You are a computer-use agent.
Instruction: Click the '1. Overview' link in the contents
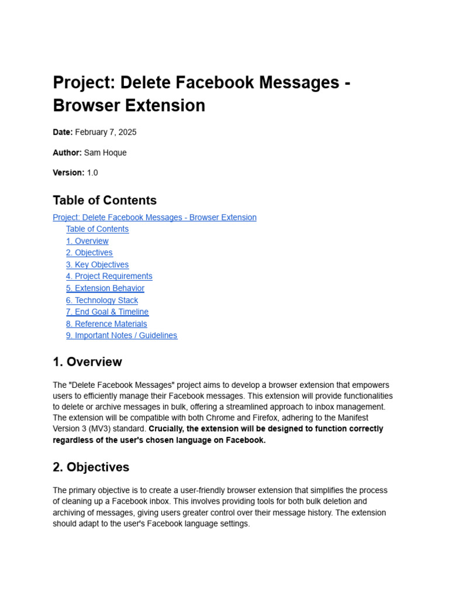tap(87, 241)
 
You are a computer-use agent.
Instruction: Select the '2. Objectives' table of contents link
tap(89, 253)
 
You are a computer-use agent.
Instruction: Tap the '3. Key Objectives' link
tap(97, 264)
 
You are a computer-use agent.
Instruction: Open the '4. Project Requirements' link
tap(109, 276)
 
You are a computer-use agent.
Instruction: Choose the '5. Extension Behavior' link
tap(105, 288)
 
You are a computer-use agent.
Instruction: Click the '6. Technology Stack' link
tap(102, 300)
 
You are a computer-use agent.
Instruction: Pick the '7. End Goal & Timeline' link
tap(107, 312)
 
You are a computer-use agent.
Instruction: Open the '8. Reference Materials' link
tap(106, 323)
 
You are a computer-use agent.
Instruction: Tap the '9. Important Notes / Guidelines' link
tap(122, 335)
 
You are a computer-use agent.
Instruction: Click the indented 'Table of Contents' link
tap(97, 229)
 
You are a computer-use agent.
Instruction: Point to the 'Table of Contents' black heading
tap(105, 200)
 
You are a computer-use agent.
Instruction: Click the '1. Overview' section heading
tap(87, 362)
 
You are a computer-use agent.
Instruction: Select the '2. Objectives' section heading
tap(91, 467)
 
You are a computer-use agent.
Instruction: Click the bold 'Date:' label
tap(63, 132)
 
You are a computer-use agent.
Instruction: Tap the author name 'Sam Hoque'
tap(105, 153)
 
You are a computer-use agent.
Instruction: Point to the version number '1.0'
tap(92, 173)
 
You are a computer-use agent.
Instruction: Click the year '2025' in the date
tap(127, 132)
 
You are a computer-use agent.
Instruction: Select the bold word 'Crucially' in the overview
tap(167, 429)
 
